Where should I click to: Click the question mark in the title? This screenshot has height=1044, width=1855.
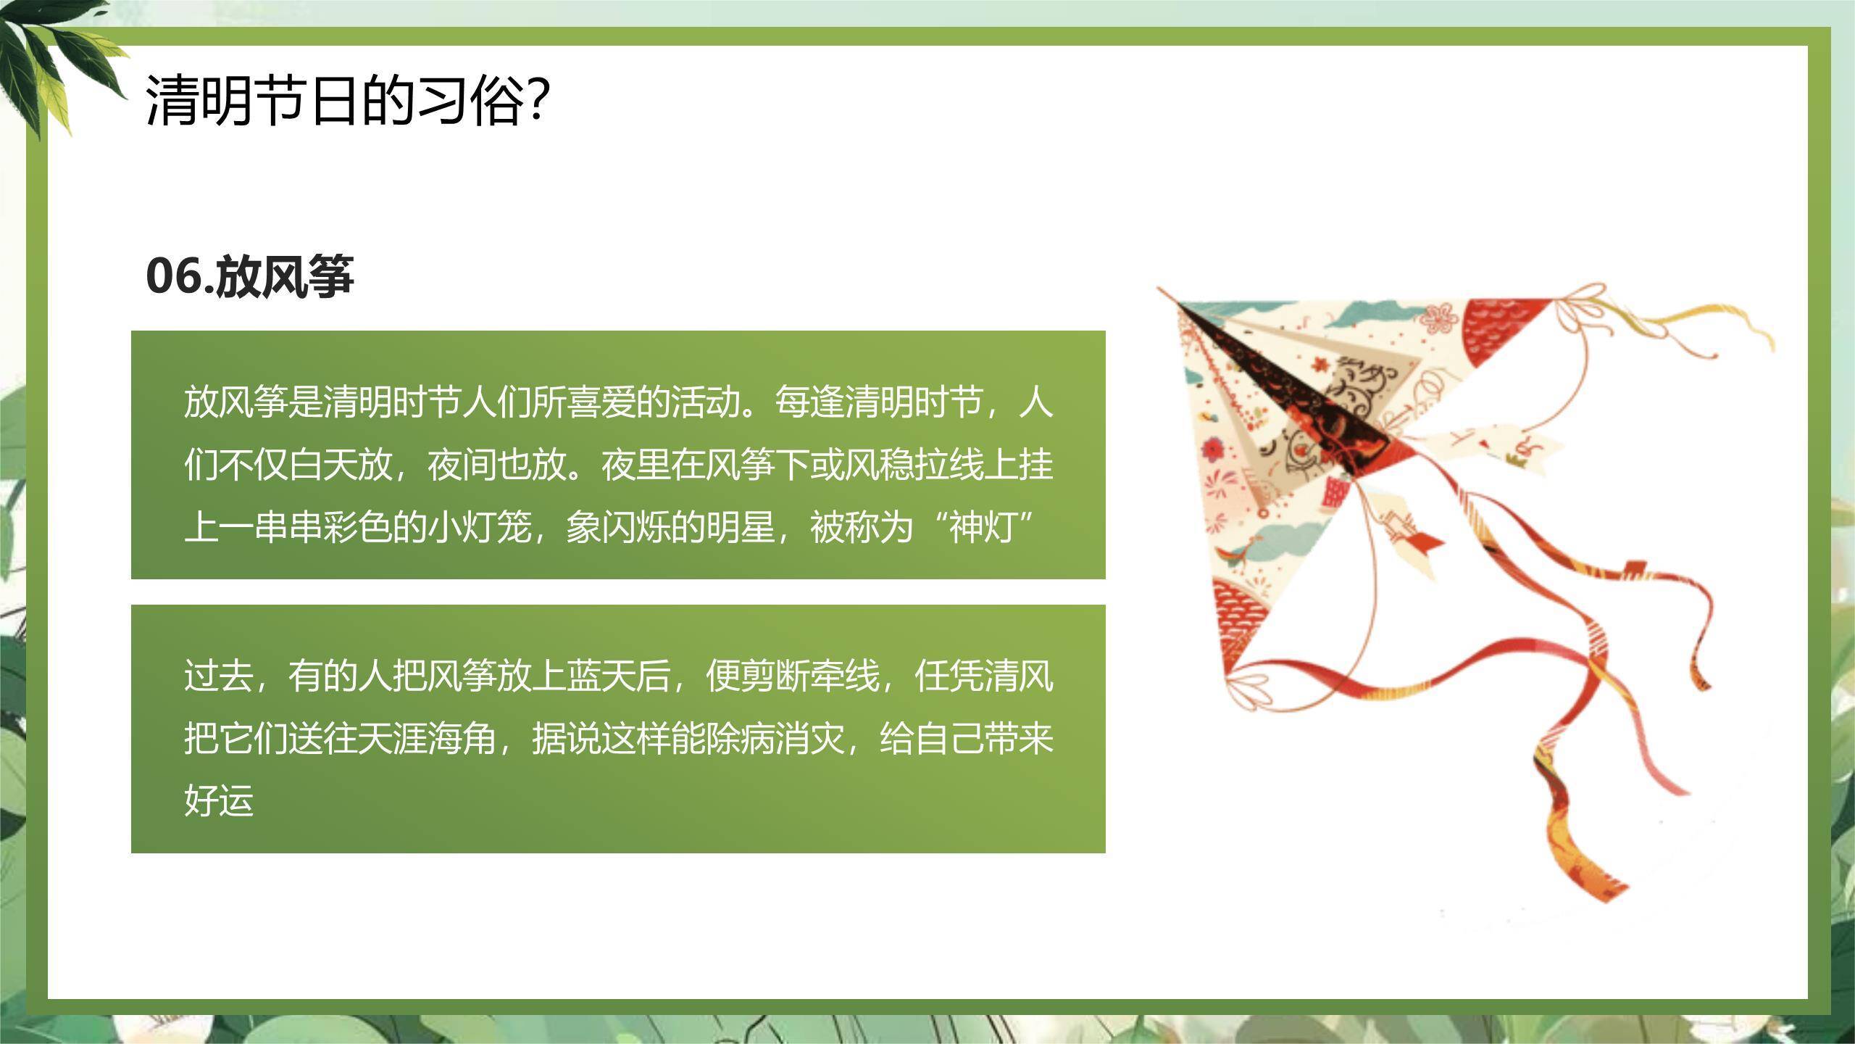537,99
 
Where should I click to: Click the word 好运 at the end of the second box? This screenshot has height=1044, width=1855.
219,800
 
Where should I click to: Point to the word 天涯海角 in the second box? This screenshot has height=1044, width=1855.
428,738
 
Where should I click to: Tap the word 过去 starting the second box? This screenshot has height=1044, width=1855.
219,676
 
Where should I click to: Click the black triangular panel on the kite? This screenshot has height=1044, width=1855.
1290,384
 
